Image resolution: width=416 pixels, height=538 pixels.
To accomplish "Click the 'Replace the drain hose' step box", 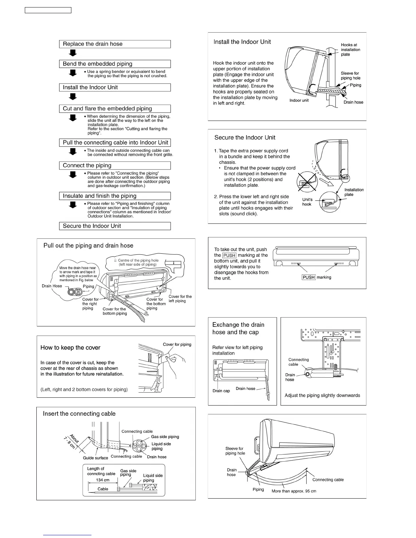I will (115, 44).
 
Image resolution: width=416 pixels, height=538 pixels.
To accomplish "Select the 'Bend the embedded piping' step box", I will (115, 64).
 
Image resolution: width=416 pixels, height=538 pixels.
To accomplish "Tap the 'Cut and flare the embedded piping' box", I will (115, 109).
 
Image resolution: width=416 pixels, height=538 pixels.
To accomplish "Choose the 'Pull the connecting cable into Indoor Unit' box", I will (115, 143).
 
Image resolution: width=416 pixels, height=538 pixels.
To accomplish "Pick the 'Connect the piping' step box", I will (115, 165).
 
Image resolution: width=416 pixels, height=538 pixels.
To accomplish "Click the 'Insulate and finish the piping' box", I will (115, 196).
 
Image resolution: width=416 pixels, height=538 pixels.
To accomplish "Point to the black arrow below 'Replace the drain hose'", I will (73, 53).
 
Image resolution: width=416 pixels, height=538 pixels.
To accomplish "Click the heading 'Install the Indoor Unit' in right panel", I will (242, 42).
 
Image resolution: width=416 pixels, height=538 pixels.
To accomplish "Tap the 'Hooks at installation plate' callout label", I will (350, 50).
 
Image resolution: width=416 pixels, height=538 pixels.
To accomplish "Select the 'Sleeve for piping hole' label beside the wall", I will (350, 76).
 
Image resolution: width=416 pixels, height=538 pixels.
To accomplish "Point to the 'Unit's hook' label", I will (307, 202).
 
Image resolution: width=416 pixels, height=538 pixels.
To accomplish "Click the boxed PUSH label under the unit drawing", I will (309, 277).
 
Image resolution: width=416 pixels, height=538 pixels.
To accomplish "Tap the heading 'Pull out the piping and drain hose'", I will (88, 246).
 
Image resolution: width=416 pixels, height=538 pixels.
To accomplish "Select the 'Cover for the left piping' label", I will (180, 299).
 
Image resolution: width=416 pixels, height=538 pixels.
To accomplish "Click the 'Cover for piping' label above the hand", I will (177, 344).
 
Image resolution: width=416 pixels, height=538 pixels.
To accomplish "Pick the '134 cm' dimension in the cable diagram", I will (103, 480).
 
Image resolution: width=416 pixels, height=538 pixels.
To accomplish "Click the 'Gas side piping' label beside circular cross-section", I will (165, 437).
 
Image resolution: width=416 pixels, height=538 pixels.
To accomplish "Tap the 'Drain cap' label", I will (221, 391).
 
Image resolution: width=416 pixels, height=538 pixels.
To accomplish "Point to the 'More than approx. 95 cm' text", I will (294, 491).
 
